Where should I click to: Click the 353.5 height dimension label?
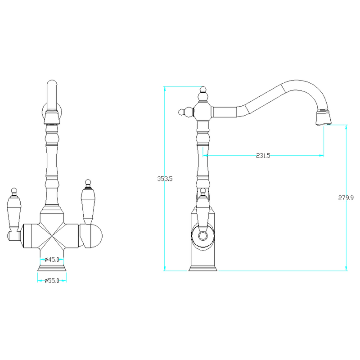pyautogui.click(x=165, y=179)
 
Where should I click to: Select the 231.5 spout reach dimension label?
pyautogui.click(x=263, y=156)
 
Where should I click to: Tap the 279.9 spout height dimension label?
pyautogui.click(x=346, y=198)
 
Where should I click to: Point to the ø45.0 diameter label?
pyautogui.click(x=52, y=260)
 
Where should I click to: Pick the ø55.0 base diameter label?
pyautogui.click(x=52, y=280)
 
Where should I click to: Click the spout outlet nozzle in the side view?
pyautogui.click(x=324, y=117)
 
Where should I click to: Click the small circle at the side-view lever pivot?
pyautogui.click(x=203, y=236)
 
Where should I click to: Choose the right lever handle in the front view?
pyautogui.click(x=88, y=202)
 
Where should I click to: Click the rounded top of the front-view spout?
pyautogui.click(x=52, y=83)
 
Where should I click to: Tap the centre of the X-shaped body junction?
pyautogui.click(x=52, y=236)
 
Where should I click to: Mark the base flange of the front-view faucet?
pyautogui.click(x=52, y=268)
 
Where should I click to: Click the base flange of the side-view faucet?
pyautogui.click(x=203, y=268)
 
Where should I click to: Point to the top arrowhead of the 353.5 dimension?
pyautogui.click(x=165, y=89)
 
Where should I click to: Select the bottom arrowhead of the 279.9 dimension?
pyautogui.click(x=346, y=268)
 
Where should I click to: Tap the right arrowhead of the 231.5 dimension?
pyautogui.click(x=321, y=156)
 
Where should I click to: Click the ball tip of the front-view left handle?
pyautogui.click(x=14, y=191)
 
